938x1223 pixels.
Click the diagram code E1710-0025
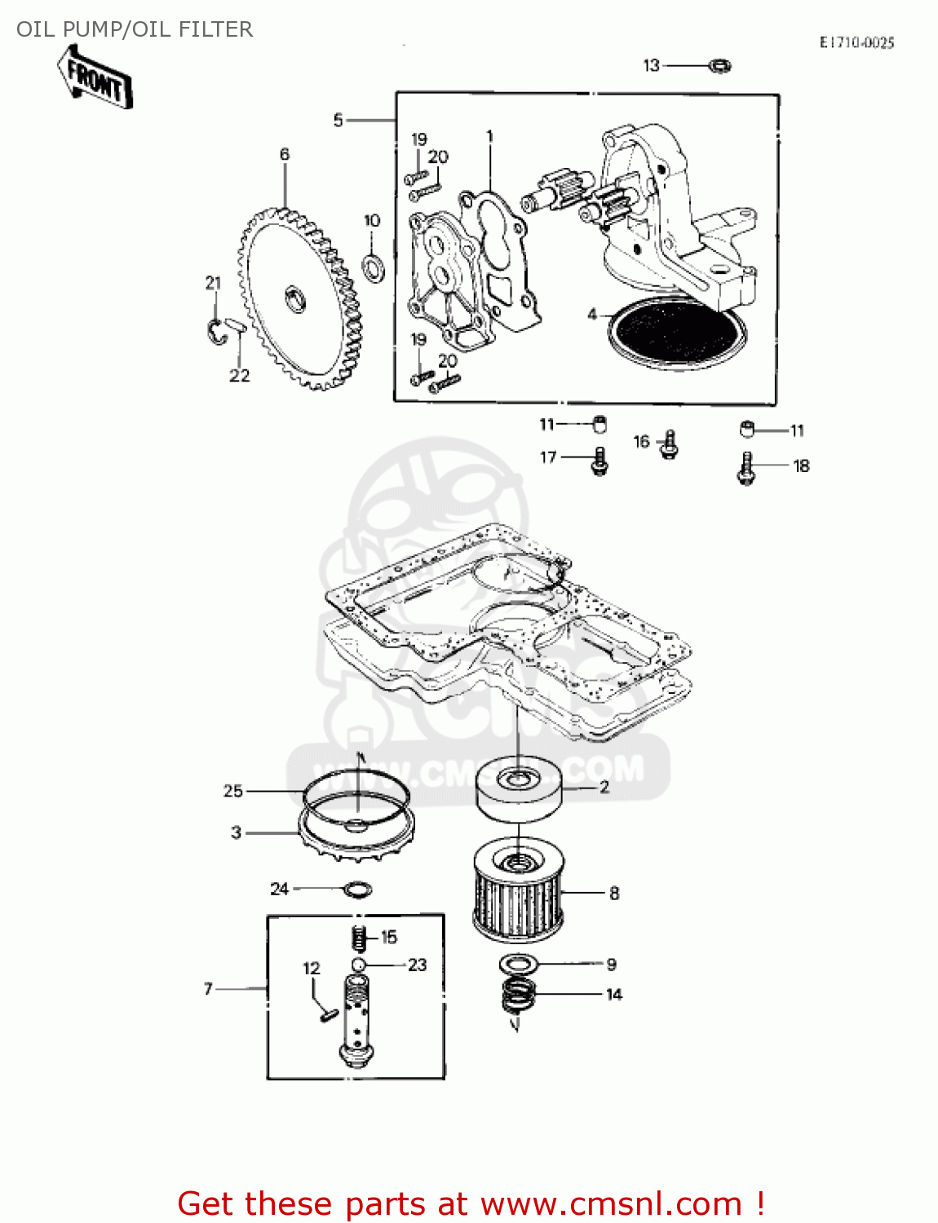point(856,42)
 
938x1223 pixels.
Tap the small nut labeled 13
point(719,65)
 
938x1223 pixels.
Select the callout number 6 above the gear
point(285,154)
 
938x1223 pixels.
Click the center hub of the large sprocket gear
point(294,298)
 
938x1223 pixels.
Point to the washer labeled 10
point(374,266)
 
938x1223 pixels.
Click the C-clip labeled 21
point(216,331)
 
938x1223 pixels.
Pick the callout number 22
point(239,376)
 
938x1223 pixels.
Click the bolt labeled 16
point(670,444)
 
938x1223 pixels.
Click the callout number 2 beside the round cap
point(604,787)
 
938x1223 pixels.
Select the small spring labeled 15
point(358,938)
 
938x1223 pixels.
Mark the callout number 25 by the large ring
point(233,791)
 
